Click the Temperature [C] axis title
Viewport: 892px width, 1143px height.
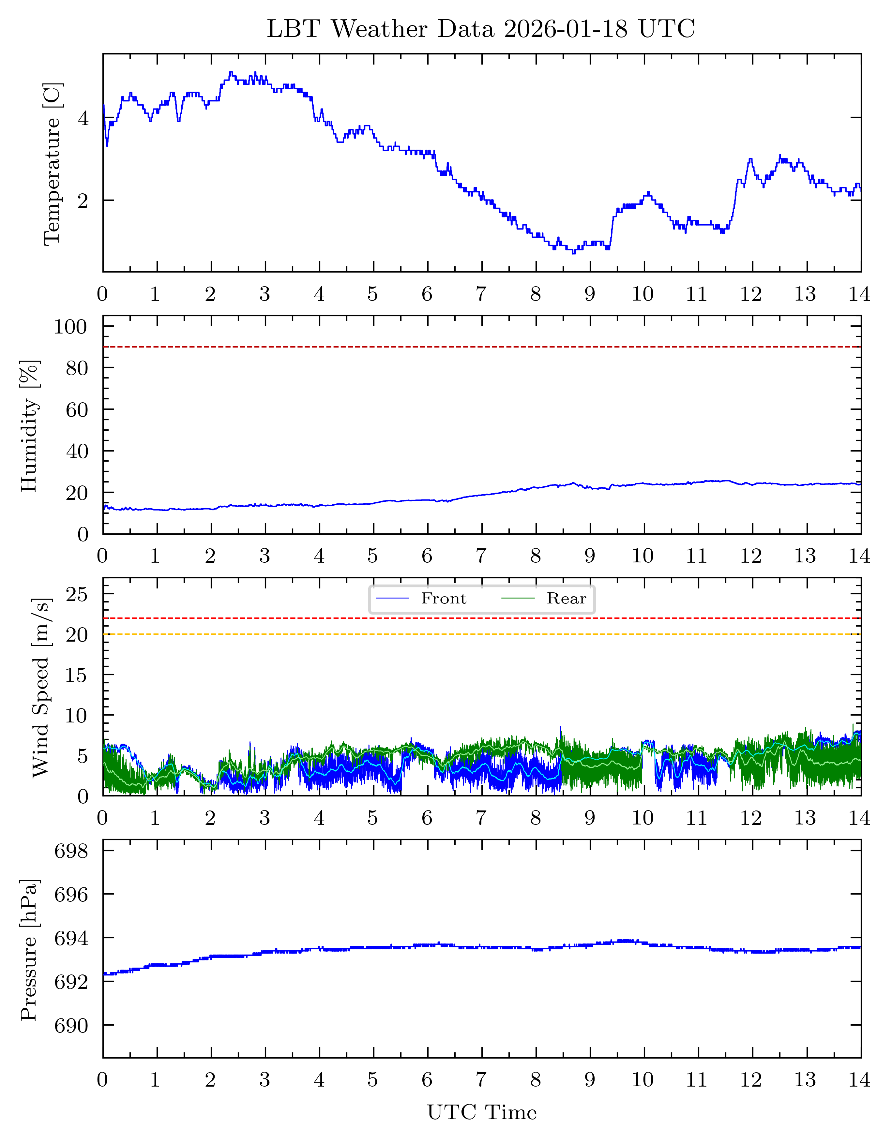pyautogui.click(x=53, y=164)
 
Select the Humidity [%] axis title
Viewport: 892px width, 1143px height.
pyautogui.click(x=29, y=426)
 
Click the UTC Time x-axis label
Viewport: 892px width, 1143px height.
pyautogui.click(x=482, y=1112)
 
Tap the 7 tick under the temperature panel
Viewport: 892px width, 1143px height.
pyautogui.click(x=481, y=294)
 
